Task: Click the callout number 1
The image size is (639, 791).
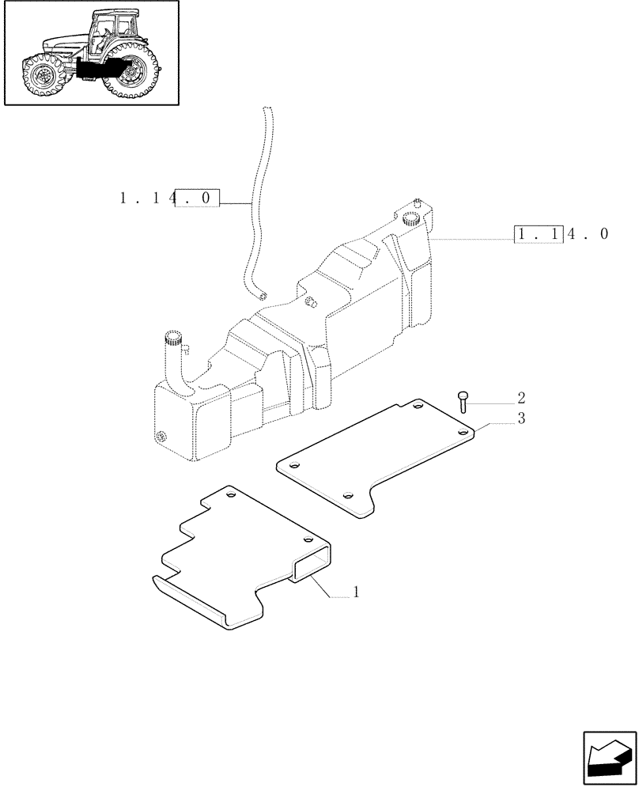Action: coord(357,592)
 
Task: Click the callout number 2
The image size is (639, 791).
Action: coord(521,397)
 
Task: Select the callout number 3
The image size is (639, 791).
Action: coord(521,419)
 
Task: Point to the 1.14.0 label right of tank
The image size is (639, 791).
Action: coord(562,234)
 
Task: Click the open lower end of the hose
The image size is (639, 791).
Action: coord(263,296)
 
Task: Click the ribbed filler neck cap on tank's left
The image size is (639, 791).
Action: coord(173,343)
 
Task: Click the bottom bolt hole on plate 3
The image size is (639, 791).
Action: coord(349,496)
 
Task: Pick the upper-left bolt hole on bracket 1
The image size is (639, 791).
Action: coord(230,495)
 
